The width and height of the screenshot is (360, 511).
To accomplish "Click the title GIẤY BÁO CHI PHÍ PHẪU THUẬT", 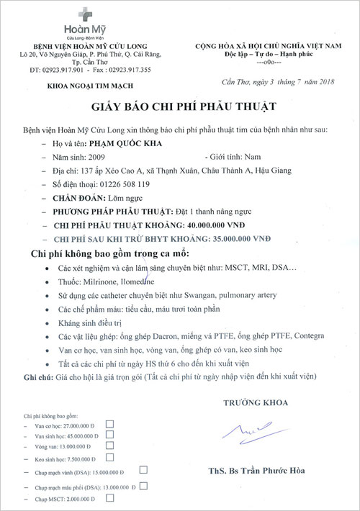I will [x=180, y=107].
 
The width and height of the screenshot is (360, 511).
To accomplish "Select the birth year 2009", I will [x=97, y=155].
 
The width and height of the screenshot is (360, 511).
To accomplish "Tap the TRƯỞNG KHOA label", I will [x=255, y=403].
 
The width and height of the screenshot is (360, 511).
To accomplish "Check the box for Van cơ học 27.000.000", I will [x=109, y=425].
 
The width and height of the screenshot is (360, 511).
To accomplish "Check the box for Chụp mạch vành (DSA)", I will [x=144, y=469].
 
